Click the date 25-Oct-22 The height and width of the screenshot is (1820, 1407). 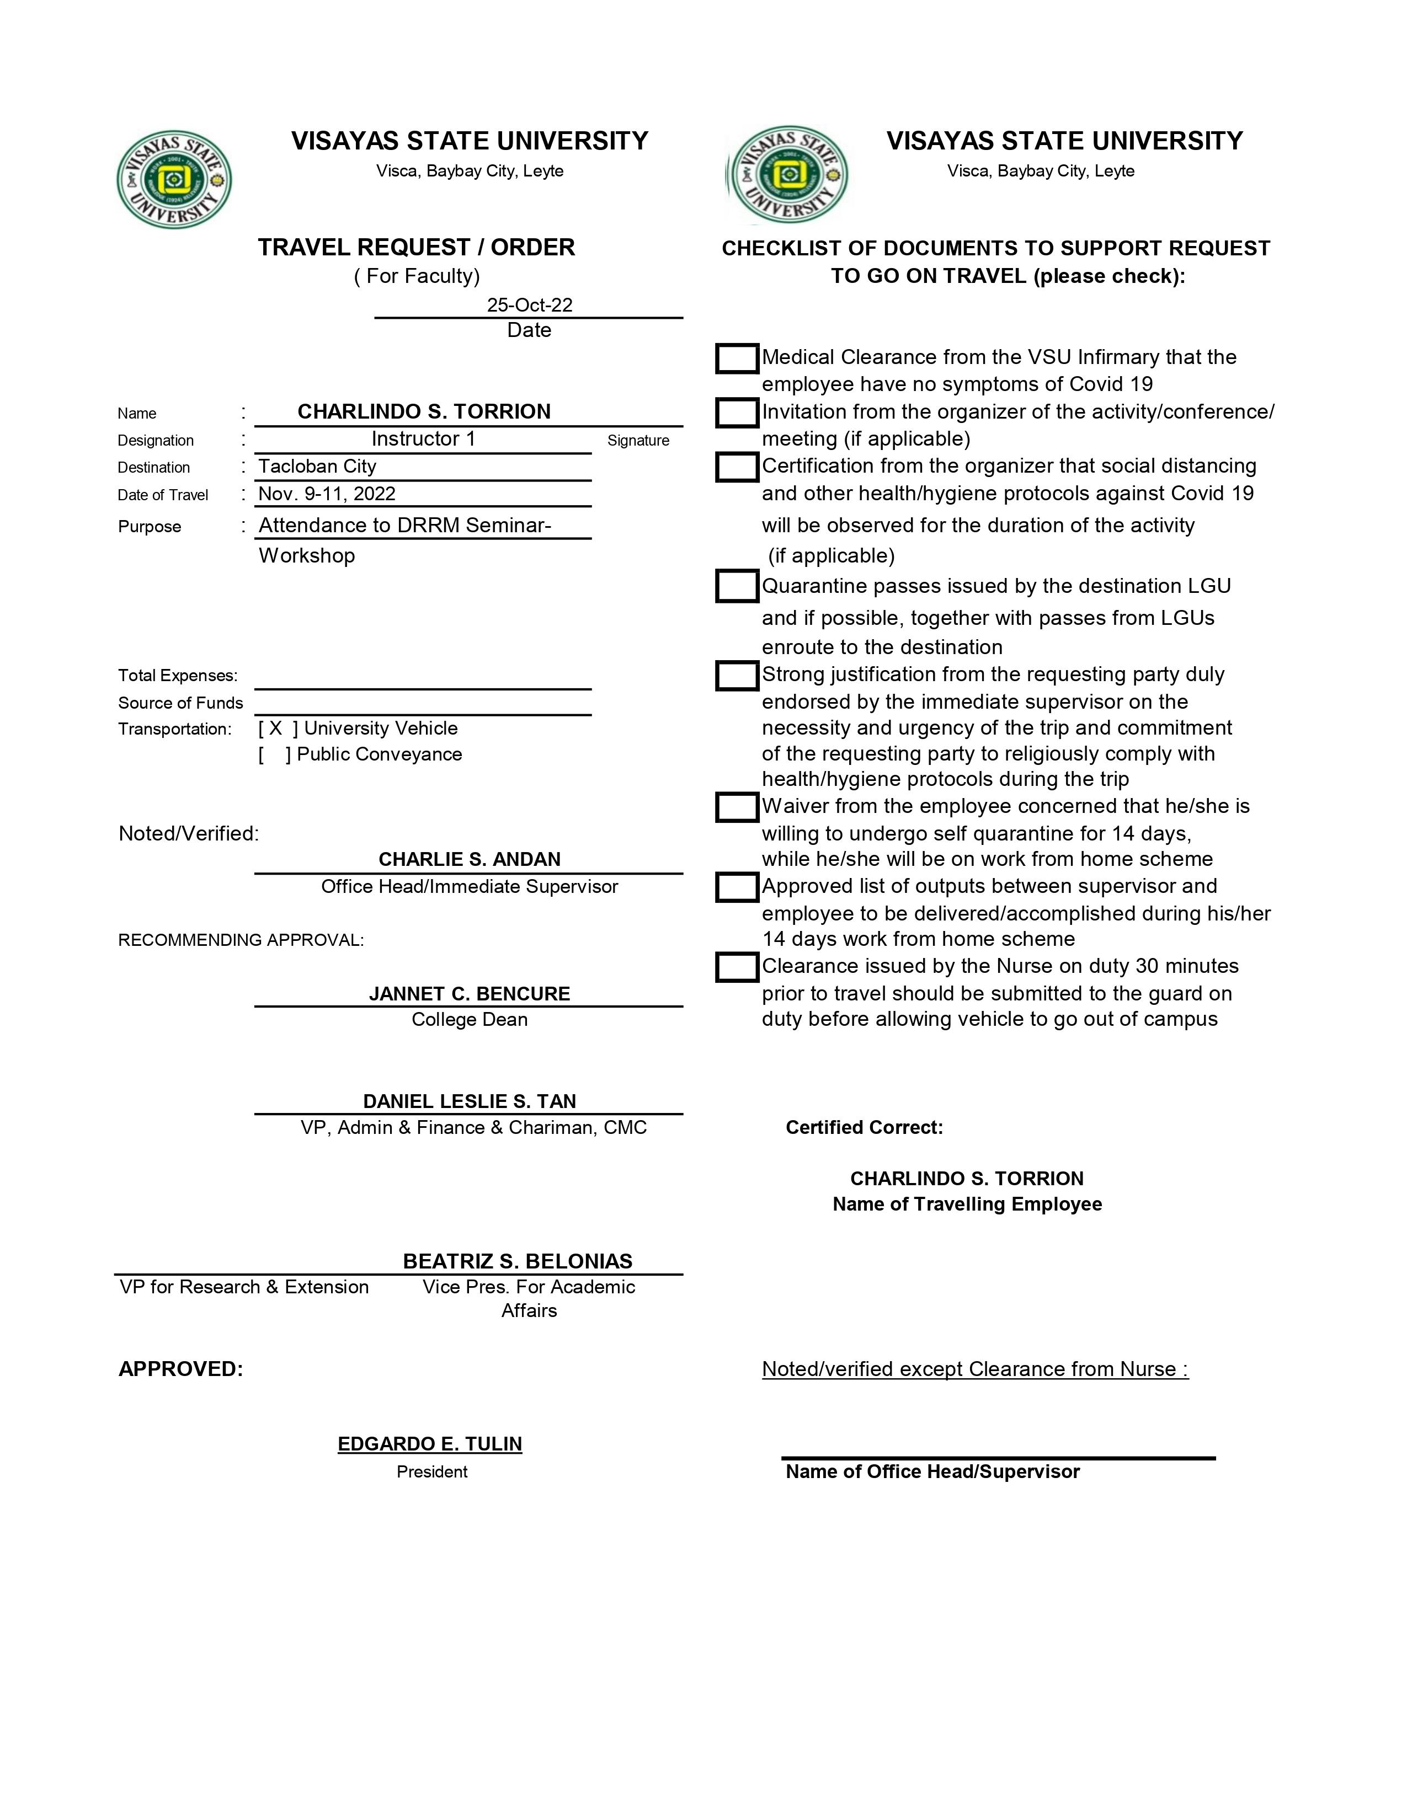[529, 305]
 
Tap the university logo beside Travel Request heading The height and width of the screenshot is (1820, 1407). [174, 179]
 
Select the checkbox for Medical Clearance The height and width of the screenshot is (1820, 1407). [737, 358]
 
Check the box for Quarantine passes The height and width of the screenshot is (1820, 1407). [737, 587]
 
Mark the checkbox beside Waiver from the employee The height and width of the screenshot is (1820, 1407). [737, 807]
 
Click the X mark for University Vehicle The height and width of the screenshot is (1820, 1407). [276, 729]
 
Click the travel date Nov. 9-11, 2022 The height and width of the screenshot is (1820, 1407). [327, 494]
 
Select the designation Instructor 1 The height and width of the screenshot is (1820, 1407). [423, 439]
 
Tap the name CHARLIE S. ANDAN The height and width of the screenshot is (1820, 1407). [470, 859]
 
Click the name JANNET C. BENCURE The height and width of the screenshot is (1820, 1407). [470, 993]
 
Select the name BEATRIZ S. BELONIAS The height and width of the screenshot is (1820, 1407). [518, 1261]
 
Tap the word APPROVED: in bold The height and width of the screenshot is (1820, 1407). [181, 1369]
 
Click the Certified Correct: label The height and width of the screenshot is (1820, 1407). [865, 1127]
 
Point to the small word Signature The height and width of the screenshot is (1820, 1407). [638, 441]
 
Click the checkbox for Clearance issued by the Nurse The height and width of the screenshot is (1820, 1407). [737, 967]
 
